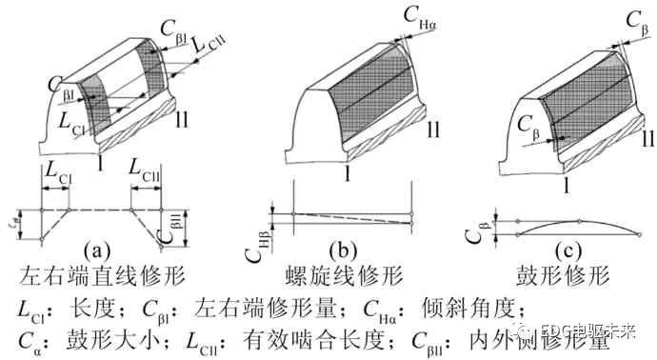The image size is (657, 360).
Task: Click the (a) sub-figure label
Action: tap(100, 250)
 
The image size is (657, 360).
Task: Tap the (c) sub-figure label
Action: tap(565, 250)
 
